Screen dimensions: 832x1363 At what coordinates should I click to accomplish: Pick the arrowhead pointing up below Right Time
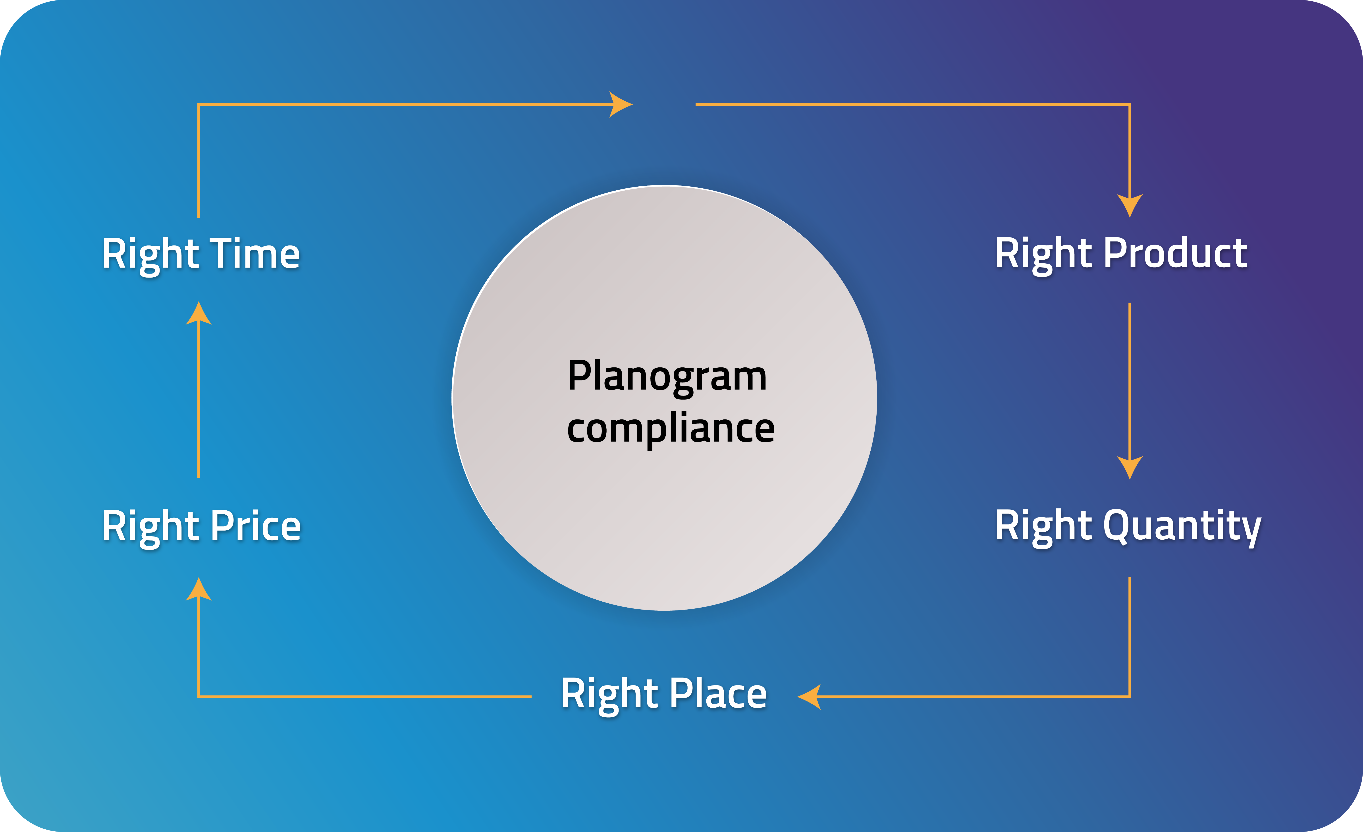pyautogui.click(x=199, y=314)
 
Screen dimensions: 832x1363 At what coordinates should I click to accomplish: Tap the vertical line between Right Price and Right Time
pyautogui.click(x=199, y=398)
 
